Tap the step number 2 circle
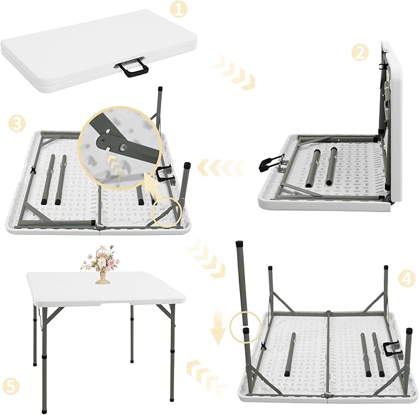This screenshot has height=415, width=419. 360,52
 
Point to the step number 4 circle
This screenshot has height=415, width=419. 405,279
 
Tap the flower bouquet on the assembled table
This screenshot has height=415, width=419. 102,261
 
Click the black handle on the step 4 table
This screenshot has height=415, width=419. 392,350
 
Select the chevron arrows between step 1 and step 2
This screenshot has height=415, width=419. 233,73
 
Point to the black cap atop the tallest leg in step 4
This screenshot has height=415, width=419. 238,244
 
